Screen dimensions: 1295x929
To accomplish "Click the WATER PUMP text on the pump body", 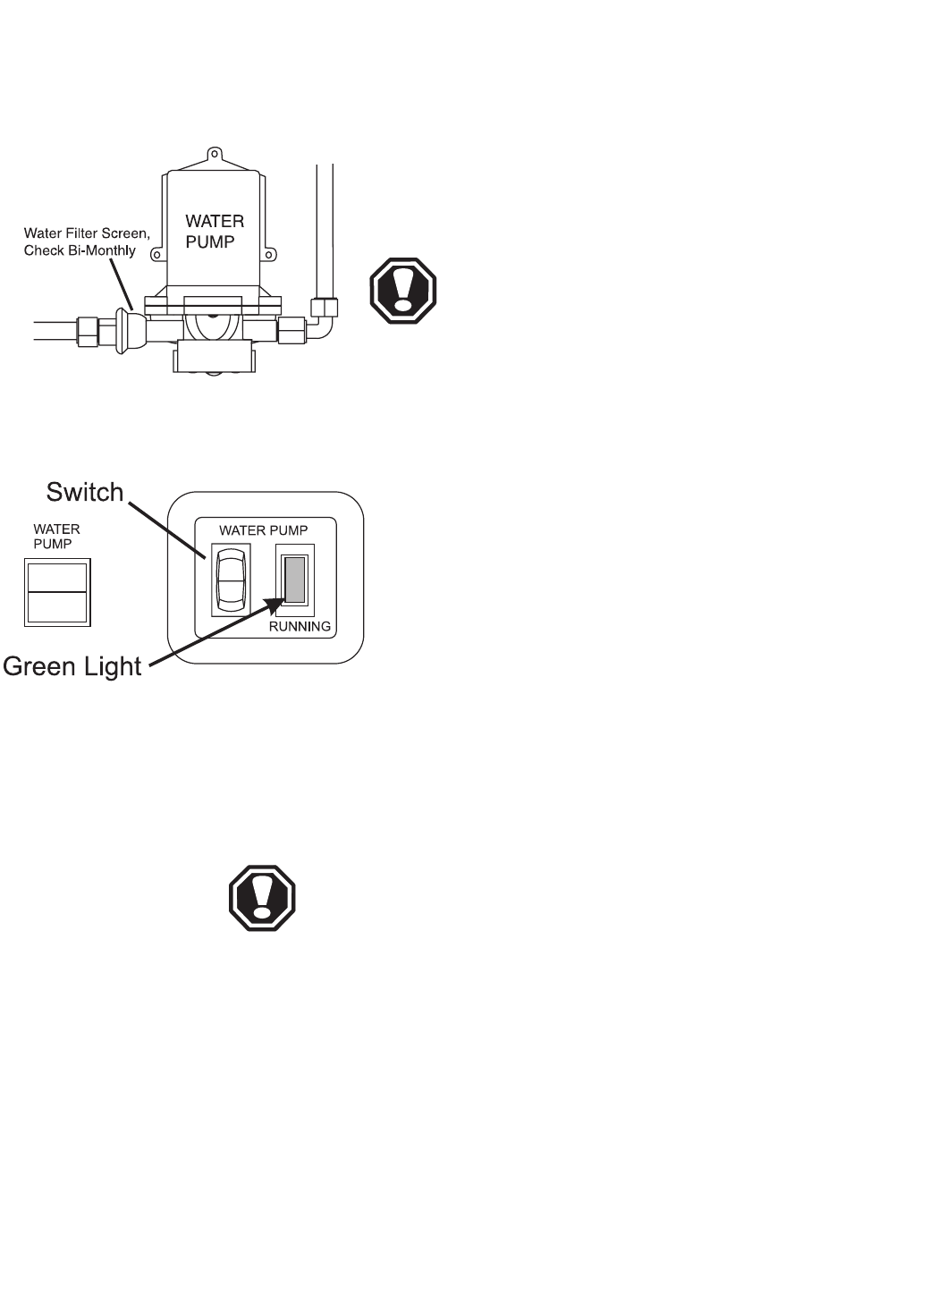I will (214, 231).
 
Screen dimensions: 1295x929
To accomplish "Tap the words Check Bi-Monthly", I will (80, 250).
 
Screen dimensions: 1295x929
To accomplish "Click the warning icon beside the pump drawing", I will (403, 291).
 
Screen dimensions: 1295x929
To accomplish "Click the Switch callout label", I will (84, 492).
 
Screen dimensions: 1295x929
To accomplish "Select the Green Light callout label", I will (72, 666).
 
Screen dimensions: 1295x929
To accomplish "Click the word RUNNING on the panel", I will (300, 627).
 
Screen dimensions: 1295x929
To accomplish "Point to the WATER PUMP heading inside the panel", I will (264, 530).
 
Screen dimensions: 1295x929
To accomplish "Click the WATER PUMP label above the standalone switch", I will (56, 536).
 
